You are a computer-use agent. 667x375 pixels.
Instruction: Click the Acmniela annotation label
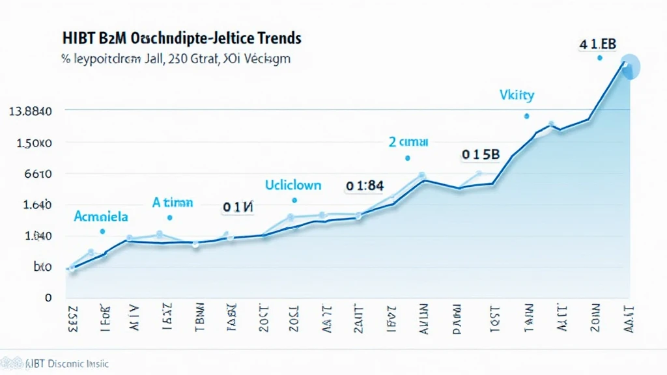point(101,215)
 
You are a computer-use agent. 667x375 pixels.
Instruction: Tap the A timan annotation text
point(173,202)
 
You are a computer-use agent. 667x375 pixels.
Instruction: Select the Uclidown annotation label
point(292,185)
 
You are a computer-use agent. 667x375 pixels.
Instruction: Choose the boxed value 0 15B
point(481,155)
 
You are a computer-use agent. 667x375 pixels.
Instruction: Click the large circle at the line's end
point(631,67)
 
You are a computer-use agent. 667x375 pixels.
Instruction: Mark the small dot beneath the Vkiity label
point(526,116)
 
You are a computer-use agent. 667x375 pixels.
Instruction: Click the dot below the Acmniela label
point(102,231)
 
